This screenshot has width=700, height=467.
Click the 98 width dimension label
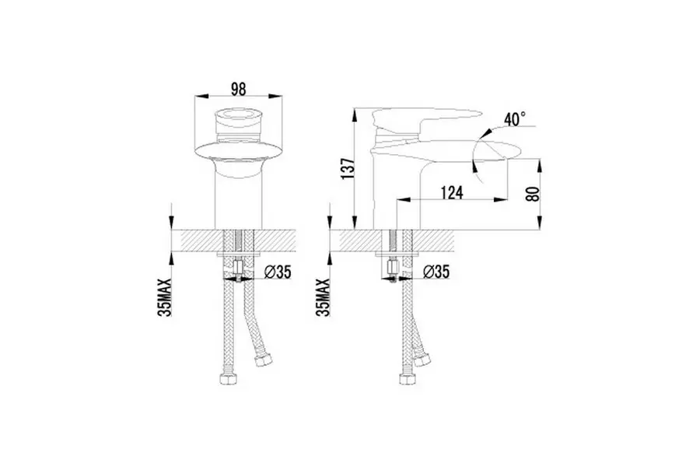(x=239, y=89)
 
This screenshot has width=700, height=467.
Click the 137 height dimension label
(x=348, y=168)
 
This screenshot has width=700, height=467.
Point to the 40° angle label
(x=515, y=119)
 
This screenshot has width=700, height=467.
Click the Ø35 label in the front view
(x=278, y=272)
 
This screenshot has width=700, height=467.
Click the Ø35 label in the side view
(x=436, y=272)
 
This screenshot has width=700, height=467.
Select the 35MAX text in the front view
(x=165, y=297)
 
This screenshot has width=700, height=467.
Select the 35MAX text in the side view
(x=323, y=297)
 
